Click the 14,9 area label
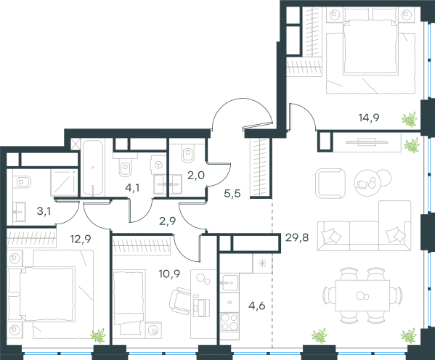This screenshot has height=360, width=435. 369,118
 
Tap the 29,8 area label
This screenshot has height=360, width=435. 297,237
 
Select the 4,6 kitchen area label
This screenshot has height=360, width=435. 257,306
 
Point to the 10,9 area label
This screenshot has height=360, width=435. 169,274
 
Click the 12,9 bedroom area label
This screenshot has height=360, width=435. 81,239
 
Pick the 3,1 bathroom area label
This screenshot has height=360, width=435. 44,211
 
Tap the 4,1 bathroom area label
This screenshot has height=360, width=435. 132,188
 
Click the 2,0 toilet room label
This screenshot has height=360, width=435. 196,176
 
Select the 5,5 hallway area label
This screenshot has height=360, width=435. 232,194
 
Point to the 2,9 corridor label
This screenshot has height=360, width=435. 167,221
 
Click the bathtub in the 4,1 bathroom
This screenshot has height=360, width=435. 93,168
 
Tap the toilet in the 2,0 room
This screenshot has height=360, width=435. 188,153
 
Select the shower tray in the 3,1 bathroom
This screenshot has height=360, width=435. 64,182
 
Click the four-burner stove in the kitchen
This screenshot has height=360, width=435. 229,322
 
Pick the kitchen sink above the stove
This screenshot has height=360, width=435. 229,283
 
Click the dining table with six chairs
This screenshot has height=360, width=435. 362,295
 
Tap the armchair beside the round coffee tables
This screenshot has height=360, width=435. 330,184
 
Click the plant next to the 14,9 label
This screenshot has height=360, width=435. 410,119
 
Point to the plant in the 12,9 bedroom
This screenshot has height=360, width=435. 98,335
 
